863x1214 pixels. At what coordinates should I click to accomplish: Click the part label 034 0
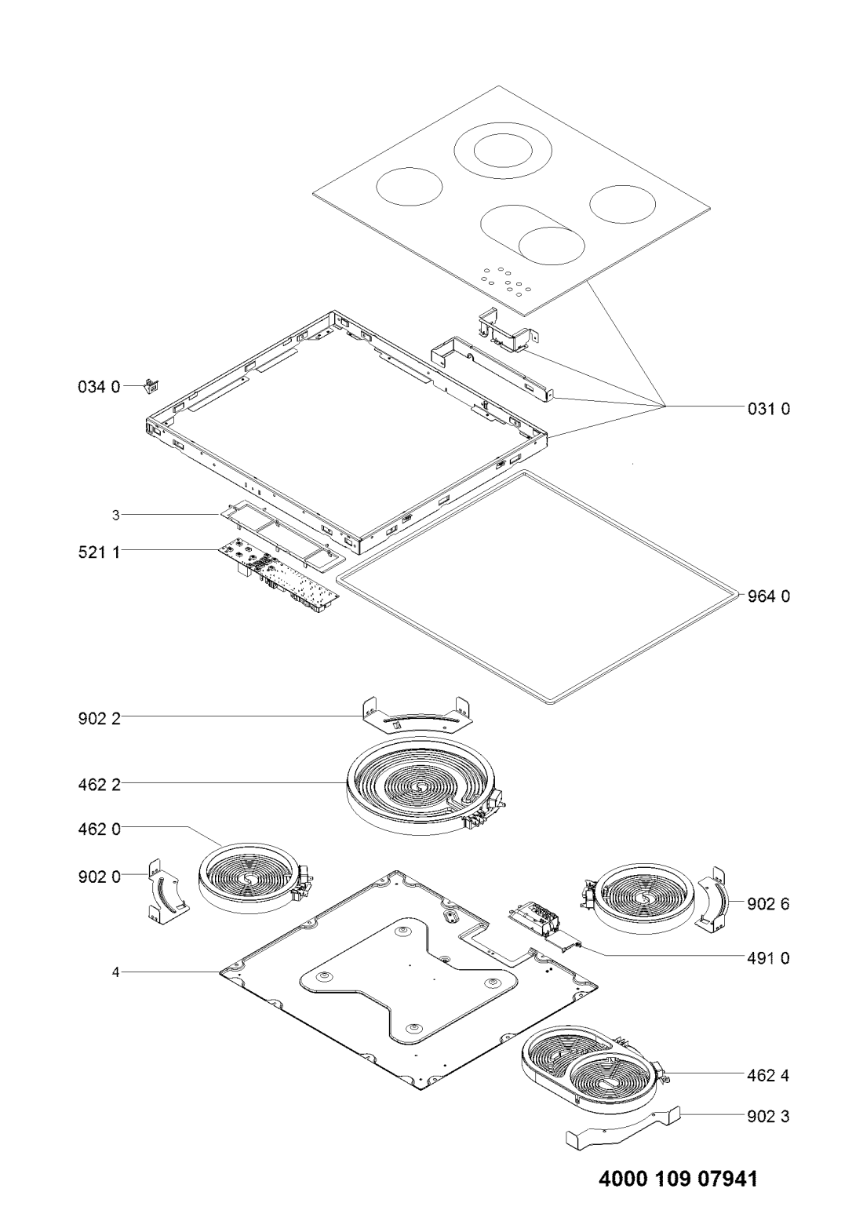click(99, 387)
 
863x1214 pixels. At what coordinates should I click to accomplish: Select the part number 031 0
click(769, 409)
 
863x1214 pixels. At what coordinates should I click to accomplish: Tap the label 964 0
click(769, 596)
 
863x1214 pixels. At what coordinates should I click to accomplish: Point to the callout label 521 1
click(99, 552)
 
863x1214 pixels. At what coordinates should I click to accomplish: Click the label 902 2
click(99, 719)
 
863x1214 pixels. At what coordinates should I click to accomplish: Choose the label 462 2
click(99, 784)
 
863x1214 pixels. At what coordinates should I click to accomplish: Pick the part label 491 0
click(768, 957)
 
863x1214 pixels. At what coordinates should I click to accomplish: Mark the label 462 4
click(768, 1075)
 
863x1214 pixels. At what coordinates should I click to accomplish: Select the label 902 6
click(768, 904)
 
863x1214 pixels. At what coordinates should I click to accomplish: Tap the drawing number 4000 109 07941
click(678, 1175)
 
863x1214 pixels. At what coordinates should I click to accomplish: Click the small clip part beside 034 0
click(151, 386)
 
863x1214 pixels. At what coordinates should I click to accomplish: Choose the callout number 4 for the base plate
click(115, 972)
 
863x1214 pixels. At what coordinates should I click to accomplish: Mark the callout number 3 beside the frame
click(115, 515)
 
